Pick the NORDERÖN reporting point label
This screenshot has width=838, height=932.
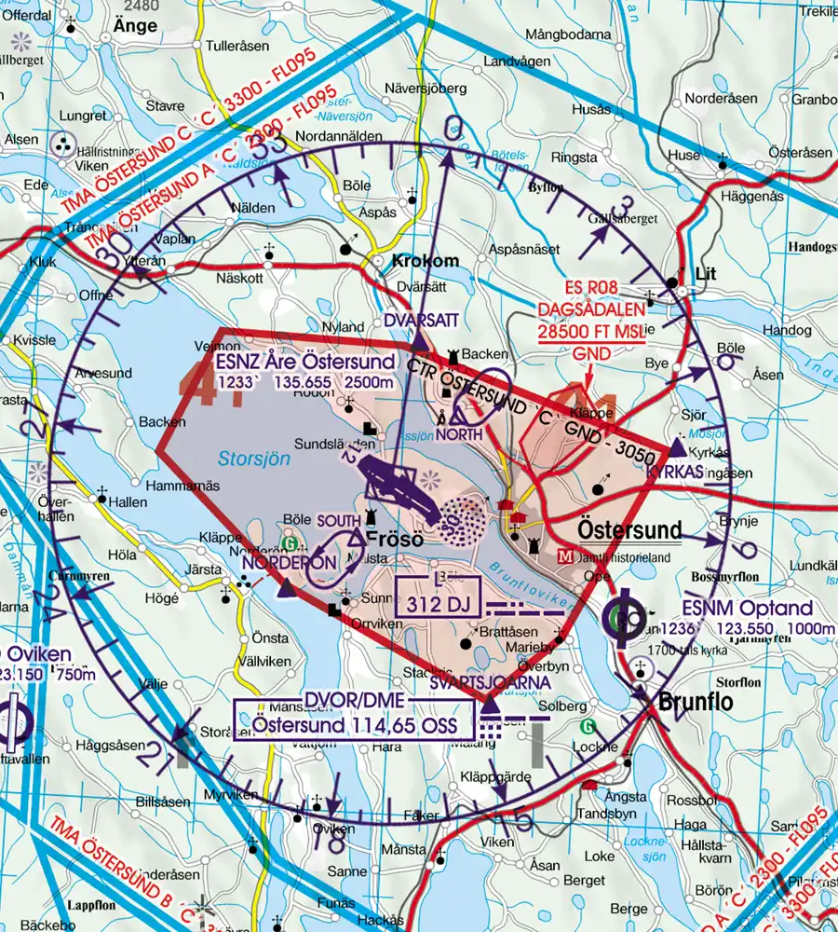pyautogui.click(x=288, y=563)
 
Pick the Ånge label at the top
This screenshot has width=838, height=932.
pyautogui.click(x=136, y=25)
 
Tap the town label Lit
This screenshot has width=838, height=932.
pyautogui.click(x=707, y=274)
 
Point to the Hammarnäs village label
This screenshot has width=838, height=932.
pyautogui.click(x=182, y=487)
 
